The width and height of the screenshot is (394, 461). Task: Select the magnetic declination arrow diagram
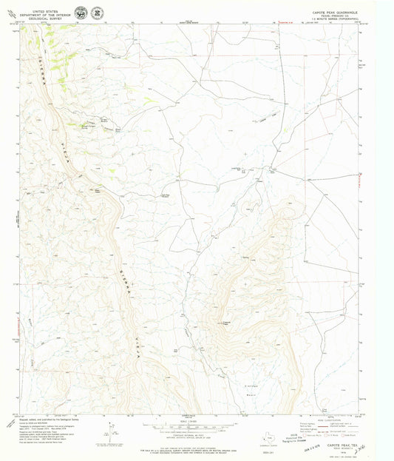(111, 431)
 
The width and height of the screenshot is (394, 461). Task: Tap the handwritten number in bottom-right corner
(378, 447)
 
